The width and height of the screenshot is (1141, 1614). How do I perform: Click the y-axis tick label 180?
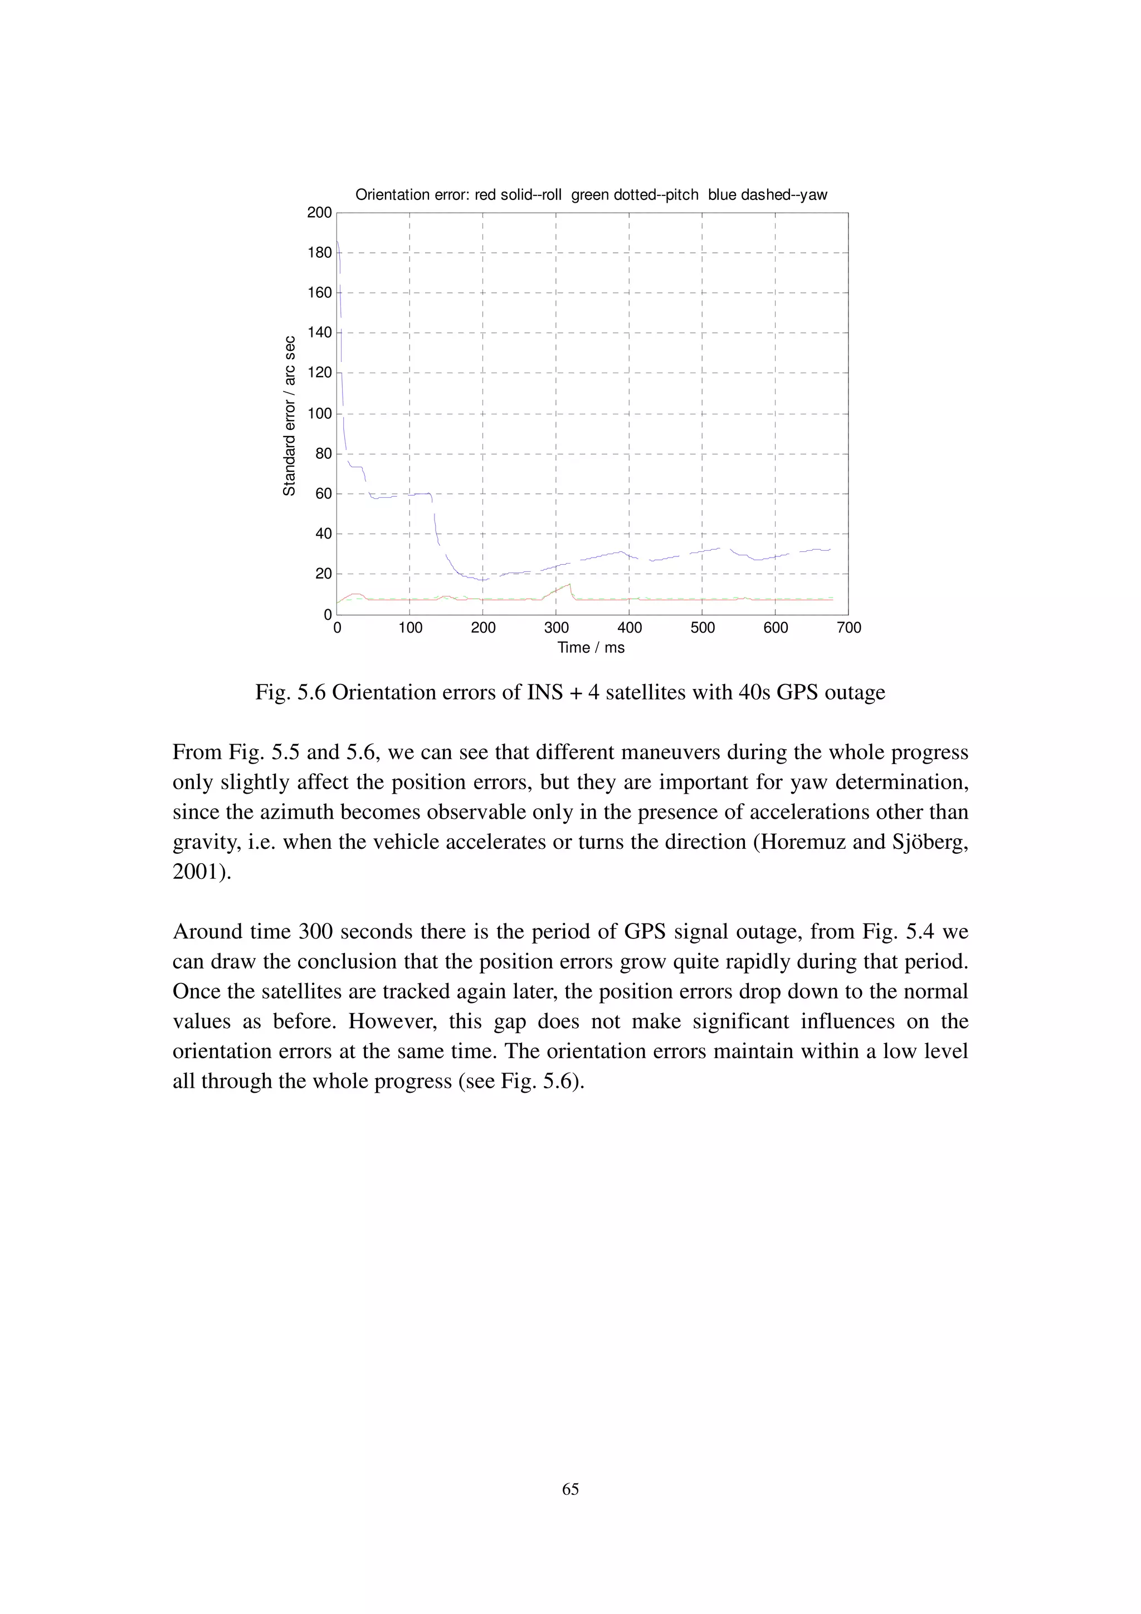[319, 252]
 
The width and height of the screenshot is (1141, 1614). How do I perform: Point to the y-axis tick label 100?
[319, 413]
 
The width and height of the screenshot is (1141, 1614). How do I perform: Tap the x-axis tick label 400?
[629, 628]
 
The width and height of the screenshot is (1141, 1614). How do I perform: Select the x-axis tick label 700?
[849, 628]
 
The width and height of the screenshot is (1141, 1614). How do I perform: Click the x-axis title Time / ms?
[591, 647]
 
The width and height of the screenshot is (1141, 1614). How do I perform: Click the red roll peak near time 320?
[569, 584]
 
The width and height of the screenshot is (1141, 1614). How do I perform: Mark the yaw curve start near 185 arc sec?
[338, 242]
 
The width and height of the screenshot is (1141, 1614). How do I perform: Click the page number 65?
[570, 1489]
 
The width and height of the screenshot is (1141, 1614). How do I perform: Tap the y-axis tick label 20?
[323, 574]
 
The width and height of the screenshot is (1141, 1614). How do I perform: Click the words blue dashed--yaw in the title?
[767, 195]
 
